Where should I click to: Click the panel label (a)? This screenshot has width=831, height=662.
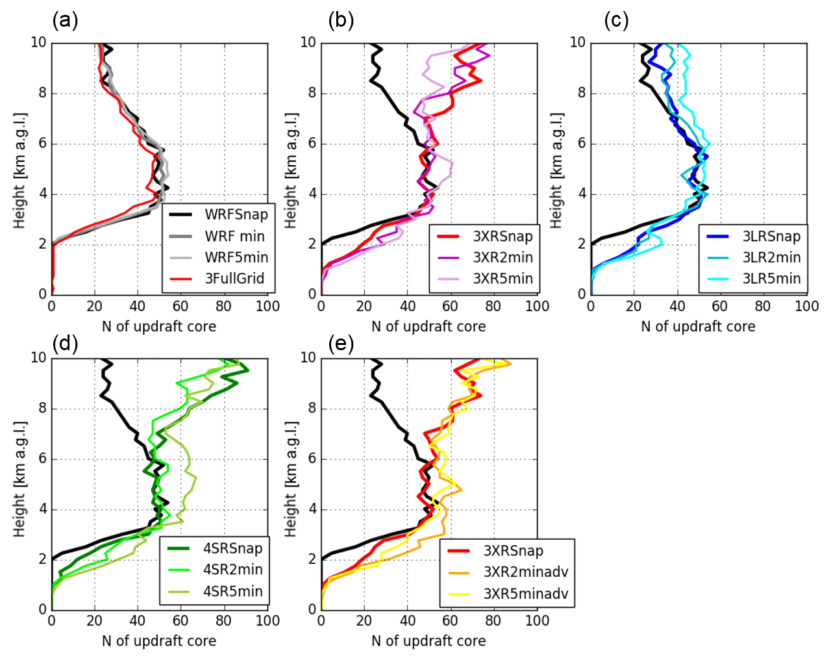coord(65,20)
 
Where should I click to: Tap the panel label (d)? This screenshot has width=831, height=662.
coord(65,343)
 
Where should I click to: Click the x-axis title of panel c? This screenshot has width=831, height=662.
coord(698,326)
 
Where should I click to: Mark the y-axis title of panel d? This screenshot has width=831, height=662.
coord(19,479)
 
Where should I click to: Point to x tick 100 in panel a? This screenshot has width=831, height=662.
coord(267,307)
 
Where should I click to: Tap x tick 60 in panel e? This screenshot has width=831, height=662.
coord(451,622)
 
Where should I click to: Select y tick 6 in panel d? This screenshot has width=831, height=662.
coord(42,459)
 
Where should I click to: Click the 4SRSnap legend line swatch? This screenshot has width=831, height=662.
coord(178,548)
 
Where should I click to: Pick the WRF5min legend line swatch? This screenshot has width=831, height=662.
coord(181,257)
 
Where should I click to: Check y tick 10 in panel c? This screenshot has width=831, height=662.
coord(577,43)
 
